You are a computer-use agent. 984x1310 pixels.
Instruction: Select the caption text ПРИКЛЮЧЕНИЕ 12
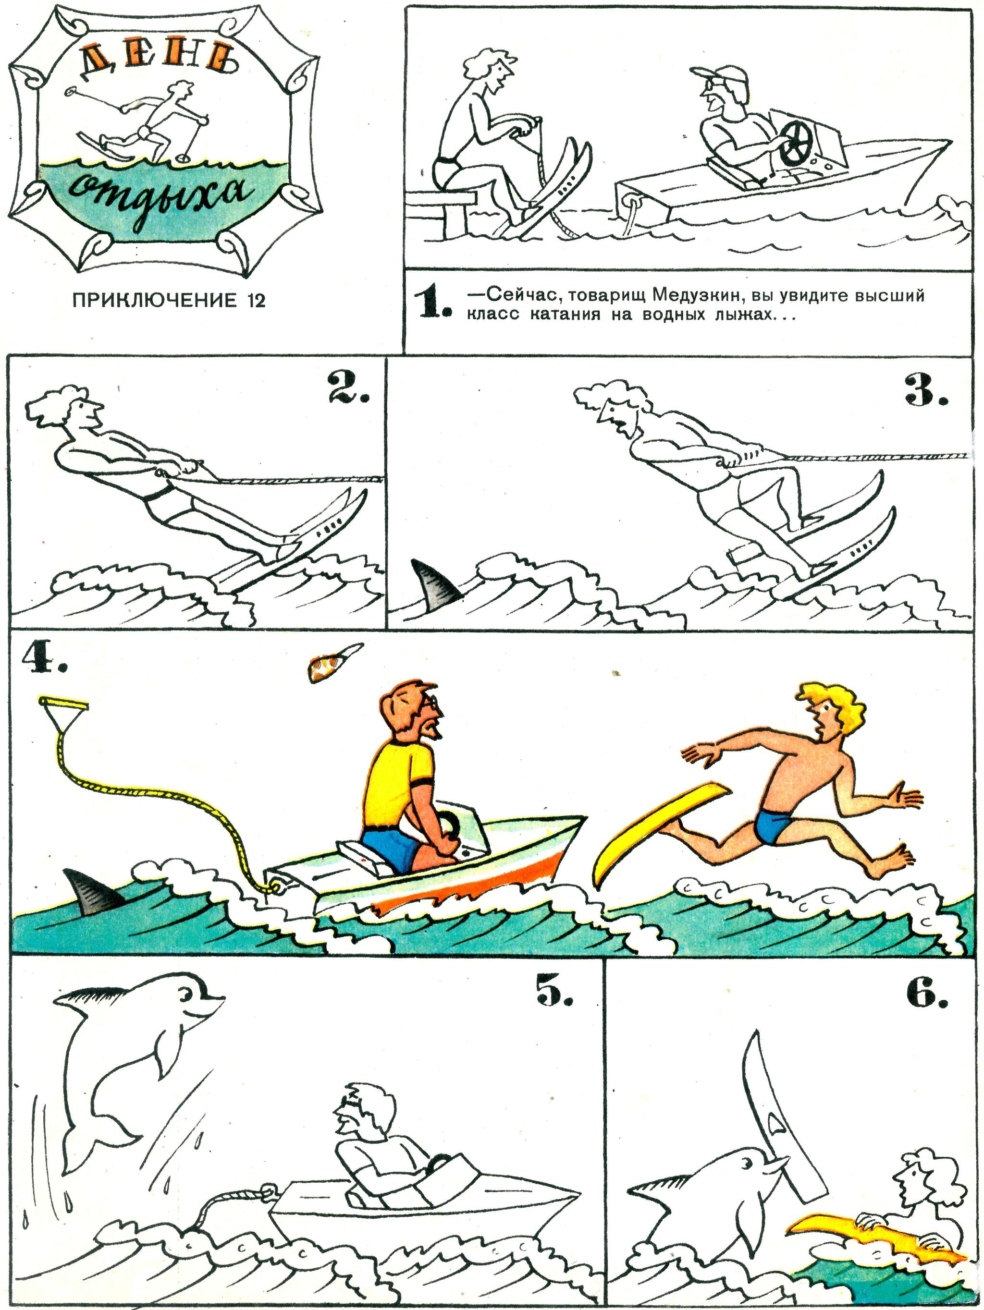[168, 300]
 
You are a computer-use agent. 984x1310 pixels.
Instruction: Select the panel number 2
[348, 388]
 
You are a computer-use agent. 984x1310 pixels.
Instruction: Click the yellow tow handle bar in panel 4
[63, 703]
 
